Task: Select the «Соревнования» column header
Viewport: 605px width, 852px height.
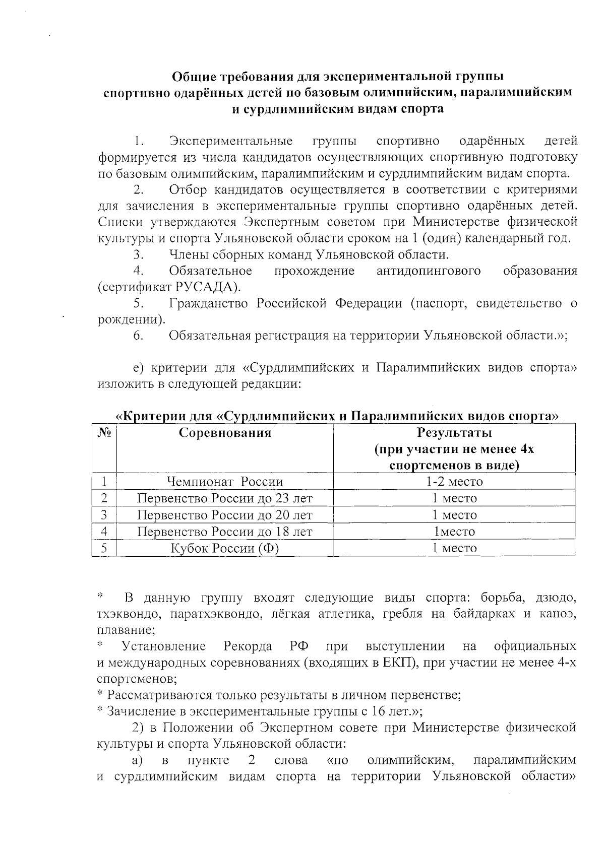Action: click(225, 433)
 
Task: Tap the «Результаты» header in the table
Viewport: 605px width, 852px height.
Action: click(454, 433)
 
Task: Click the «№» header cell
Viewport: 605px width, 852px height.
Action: click(104, 433)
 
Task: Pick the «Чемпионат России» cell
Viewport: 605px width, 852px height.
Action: click(225, 482)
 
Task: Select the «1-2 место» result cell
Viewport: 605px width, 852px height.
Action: click(454, 482)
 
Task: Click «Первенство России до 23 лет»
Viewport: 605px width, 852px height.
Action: click(225, 498)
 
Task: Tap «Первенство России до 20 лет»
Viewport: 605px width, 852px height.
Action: click(225, 515)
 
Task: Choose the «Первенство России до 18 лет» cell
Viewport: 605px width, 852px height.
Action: click(225, 532)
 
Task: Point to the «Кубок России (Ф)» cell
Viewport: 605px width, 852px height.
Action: click(225, 548)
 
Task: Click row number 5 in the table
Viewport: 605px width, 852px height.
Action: click(104, 548)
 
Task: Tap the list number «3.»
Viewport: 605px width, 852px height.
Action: click(139, 254)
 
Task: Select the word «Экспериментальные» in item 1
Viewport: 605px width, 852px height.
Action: click(231, 141)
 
